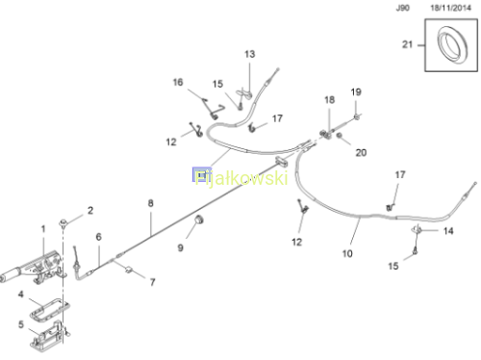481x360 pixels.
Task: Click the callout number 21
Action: click(x=407, y=44)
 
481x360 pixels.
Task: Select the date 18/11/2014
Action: click(x=450, y=8)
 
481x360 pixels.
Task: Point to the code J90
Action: click(x=403, y=8)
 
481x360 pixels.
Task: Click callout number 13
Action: click(x=249, y=54)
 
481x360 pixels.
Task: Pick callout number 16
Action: click(x=178, y=82)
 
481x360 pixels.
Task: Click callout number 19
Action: click(x=356, y=92)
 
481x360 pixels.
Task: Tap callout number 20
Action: click(x=361, y=152)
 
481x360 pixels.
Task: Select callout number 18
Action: click(x=329, y=100)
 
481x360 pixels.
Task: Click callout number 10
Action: click(x=347, y=253)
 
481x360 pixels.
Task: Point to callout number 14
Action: click(x=448, y=231)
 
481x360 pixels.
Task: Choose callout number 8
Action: click(x=151, y=203)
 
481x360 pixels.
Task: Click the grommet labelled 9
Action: click(x=199, y=219)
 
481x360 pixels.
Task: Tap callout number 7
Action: click(x=153, y=282)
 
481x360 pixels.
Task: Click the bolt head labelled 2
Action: click(x=63, y=221)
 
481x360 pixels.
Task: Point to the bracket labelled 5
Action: click(x=48, y=337)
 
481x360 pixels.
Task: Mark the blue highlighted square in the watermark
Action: click(x=201, y=175)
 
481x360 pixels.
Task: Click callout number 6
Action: click(x=98, y=237)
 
